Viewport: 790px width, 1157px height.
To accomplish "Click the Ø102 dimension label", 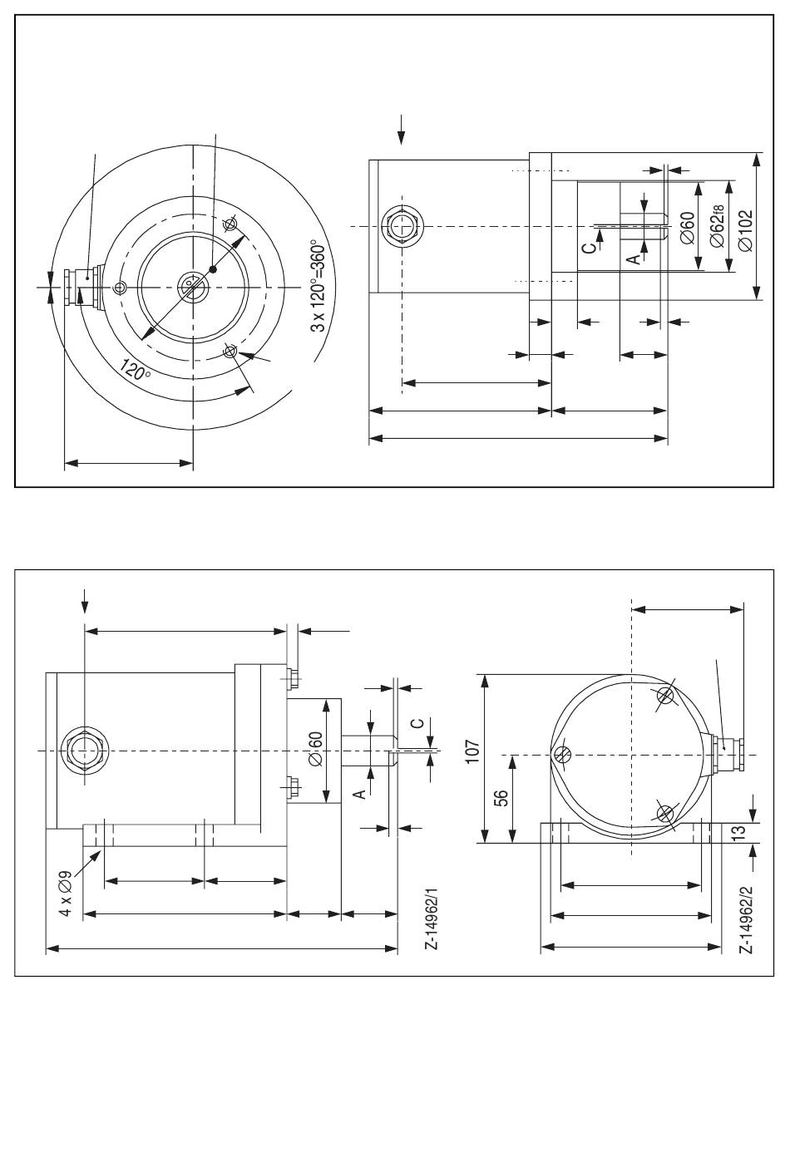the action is click(x=746, y=230).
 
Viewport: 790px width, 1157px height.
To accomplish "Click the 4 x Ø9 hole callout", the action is click(x=66, y=893).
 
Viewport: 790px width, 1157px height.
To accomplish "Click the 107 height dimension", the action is click(x=472, y=751).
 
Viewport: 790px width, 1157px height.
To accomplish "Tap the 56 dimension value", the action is click(x=501, y=798).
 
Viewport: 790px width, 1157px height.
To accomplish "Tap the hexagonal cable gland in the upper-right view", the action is click(x=402, y=226).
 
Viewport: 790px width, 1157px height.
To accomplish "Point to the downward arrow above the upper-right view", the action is click(x=402, y=130).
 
